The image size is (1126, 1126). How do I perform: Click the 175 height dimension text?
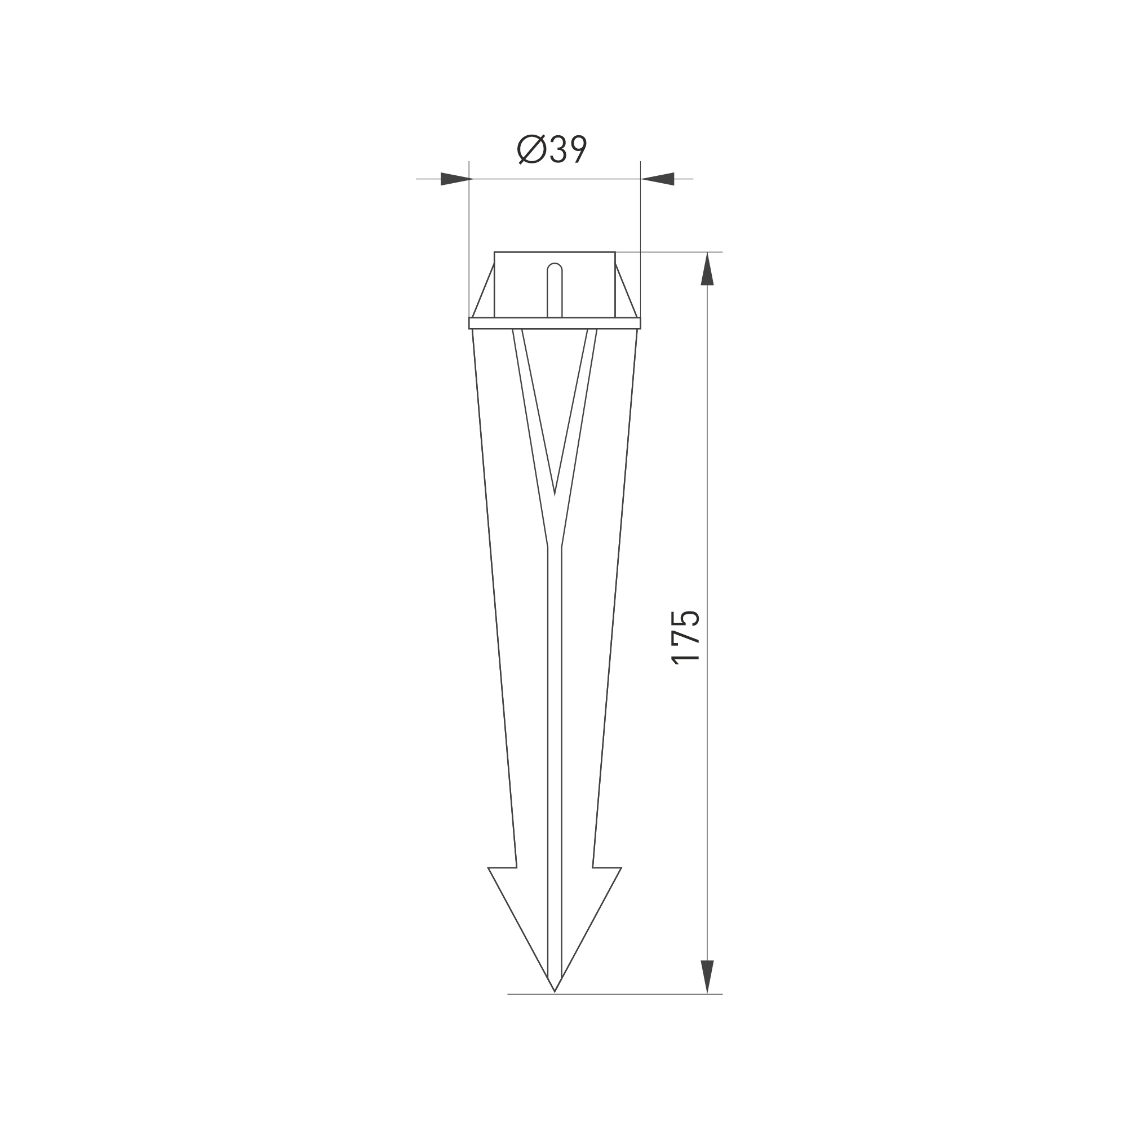pyautogui.click(x=686, y=637)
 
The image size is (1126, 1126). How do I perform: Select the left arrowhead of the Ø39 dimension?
pyautogui.click(x=455, y=179)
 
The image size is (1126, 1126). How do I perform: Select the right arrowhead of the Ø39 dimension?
pyautogui.click(x=657, y=179)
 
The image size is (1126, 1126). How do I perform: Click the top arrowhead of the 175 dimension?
pyautogui.click(x=707, y=269)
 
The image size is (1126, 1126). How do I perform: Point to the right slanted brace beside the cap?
pyautogui.click(x=626, y=291)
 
